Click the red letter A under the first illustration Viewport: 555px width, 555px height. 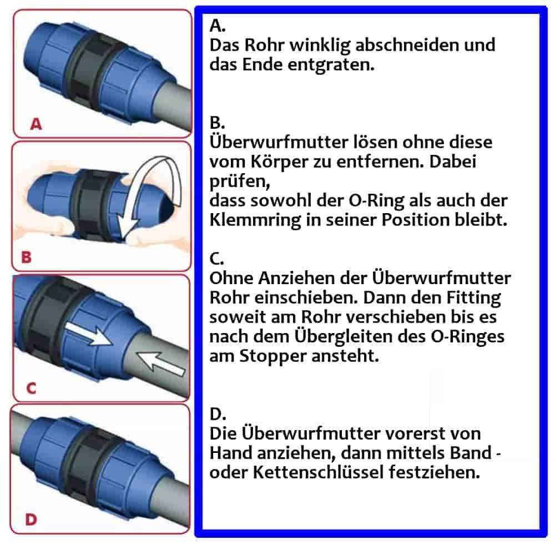(x=36, y=124)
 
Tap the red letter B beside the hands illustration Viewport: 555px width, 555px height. (x=26, y=257)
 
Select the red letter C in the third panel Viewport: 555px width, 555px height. (x=31, y=388)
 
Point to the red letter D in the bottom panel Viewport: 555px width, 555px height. (x=31, y=519)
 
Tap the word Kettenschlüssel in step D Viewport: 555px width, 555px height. (x=311, y=473)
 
